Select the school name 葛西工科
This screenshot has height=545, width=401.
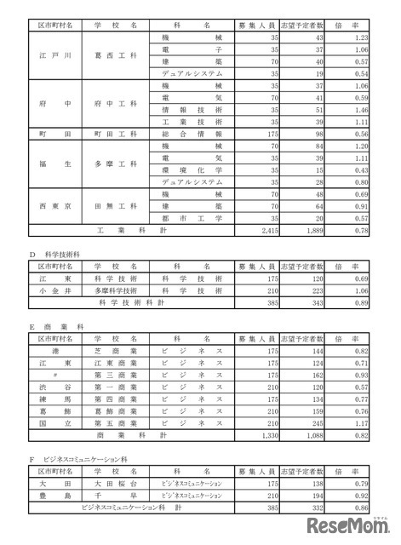[x=117, y=56]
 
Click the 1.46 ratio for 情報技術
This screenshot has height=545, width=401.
[x=360, y=110]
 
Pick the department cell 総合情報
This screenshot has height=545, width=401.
[x=197, y=135]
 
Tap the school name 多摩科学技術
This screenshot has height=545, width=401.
[x=117, y=290]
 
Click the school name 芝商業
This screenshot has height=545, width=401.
[x=117, y=349]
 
